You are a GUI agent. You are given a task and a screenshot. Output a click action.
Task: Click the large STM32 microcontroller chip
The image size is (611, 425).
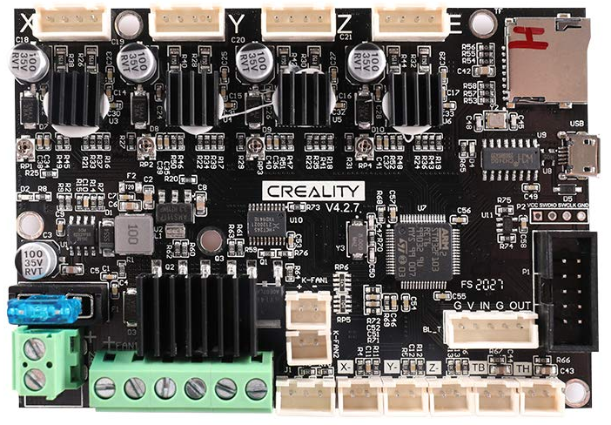click(x=422, y=247)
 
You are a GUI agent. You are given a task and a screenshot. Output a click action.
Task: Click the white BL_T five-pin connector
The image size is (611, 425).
click(x=491, y=330)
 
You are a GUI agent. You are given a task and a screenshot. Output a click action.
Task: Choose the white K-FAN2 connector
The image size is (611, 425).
click(x=309, y=346)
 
